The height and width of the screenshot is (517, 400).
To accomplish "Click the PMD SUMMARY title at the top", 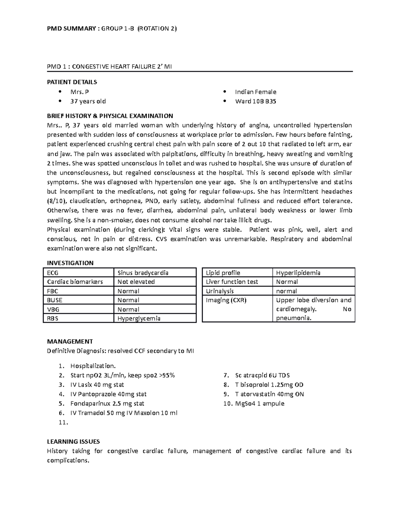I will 112,29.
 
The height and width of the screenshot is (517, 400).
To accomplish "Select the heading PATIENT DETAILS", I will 72,82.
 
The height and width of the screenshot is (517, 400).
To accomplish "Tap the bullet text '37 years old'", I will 88,101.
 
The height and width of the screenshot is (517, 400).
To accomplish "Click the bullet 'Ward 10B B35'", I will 255,101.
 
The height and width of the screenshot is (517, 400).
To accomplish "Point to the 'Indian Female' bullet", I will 255,92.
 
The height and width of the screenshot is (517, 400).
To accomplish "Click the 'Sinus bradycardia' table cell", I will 143,273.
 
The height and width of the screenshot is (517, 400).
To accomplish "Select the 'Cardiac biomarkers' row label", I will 75,282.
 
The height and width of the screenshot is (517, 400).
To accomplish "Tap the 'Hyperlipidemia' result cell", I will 298,273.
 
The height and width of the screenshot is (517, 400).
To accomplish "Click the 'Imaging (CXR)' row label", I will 226,300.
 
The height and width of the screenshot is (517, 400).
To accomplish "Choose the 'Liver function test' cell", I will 232,282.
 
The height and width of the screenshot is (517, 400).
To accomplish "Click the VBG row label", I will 53,309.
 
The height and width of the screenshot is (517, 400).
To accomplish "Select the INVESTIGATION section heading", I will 70,263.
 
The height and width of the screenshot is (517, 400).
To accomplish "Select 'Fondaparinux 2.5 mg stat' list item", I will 107,403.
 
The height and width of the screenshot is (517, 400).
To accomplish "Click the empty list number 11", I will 63,422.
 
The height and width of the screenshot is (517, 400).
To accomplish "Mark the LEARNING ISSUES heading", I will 73,442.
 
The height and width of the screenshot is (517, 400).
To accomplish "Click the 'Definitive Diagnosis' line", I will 120,351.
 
